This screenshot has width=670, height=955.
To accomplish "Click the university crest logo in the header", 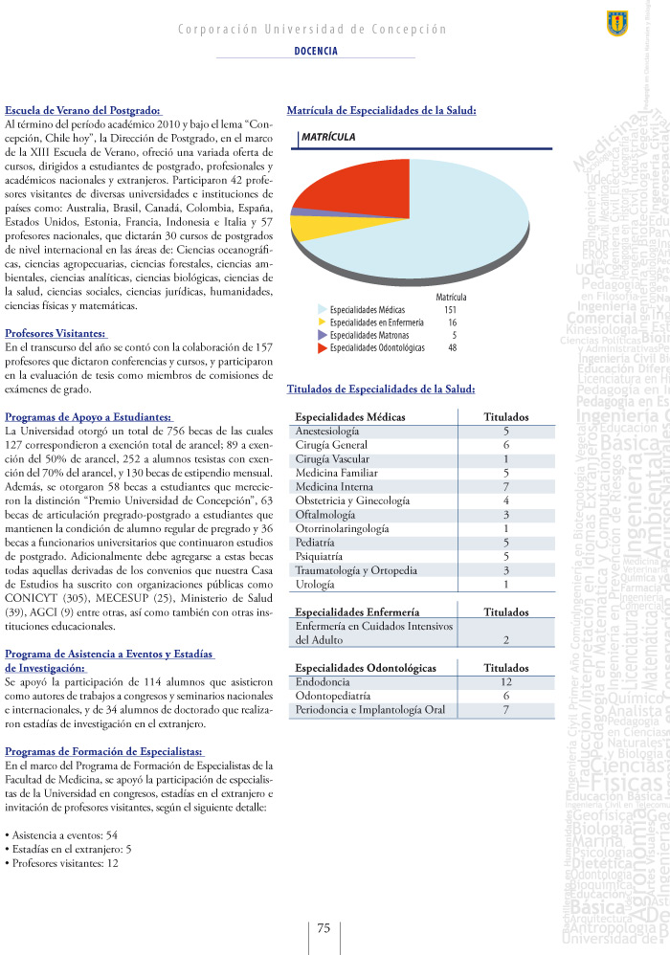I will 617,19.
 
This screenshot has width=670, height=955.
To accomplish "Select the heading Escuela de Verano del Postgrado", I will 83,111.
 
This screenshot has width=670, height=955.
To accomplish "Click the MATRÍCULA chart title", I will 328,138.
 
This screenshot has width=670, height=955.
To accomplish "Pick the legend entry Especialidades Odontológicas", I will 367,348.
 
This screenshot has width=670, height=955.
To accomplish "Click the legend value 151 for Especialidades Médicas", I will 451,311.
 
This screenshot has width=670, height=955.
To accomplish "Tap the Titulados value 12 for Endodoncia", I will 505,681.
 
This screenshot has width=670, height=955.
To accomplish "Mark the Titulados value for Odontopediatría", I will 505,696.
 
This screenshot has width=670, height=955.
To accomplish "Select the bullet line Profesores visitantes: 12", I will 62,863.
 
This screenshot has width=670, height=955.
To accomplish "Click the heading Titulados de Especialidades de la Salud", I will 380,389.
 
